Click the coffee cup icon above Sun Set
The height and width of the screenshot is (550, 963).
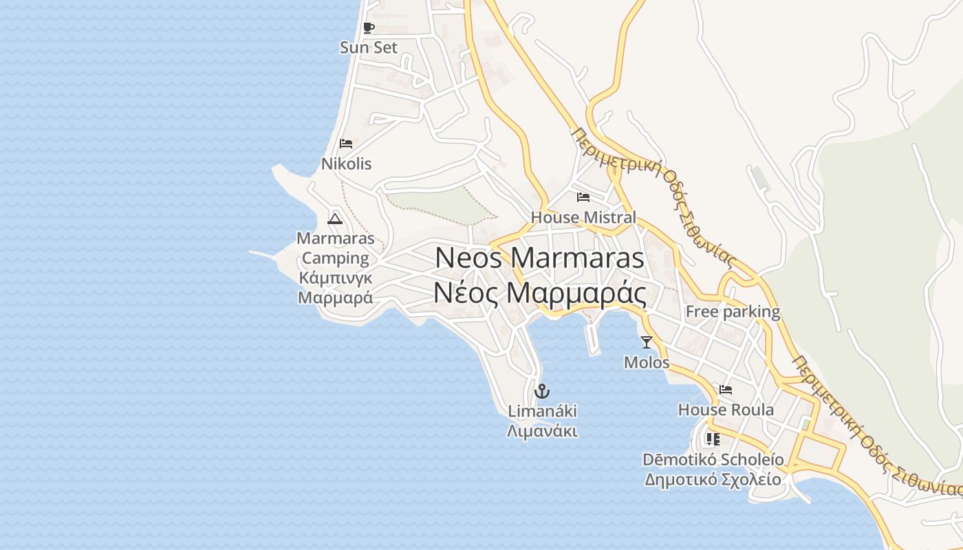pyautogui.click(x=369, y=28)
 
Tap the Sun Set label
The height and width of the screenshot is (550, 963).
pyautogui.click(x=369, y=47)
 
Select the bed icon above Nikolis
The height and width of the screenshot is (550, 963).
pyautogui.click(x=346, y=144)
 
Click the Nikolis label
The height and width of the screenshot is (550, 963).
pyautogui.click(x=346, y=164)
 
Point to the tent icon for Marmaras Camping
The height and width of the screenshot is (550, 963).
pyautogui.click(x=335, y=219)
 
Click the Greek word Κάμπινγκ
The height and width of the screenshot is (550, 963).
pyautogui.click(x=336, y=278)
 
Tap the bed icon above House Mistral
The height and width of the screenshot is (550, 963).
pyautogui.click(x=583, y=197)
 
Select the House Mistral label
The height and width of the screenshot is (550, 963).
pyautogui.click(x=583, y=217)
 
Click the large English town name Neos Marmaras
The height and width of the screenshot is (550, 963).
pyautogui.click(x=540, y=258)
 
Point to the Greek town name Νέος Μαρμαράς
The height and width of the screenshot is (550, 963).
pyautogui.click(x=540, y=294)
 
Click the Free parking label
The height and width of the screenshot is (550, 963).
pyautogui.click(x=733, y=311)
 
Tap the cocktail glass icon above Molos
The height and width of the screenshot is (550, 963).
pyautogui.click(x=647, y=342)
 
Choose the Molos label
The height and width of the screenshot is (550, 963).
pyautogui.click(x=647, y=362)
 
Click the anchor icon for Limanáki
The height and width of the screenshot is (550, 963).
pyautogui.click(x=542, y=391)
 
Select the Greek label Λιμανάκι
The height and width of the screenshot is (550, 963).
pyautogui.click(x=542, y=432)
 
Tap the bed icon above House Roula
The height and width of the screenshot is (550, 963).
pyautogui.click(x=726, y=390)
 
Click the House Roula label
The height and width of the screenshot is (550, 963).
pyautogui.click(x=726, y=410)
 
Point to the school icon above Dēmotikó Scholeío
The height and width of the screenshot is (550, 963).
pyautogui.click(x=713, y=439)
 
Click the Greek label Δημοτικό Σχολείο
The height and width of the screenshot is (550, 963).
pyautogui.click(x=713, y=479)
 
